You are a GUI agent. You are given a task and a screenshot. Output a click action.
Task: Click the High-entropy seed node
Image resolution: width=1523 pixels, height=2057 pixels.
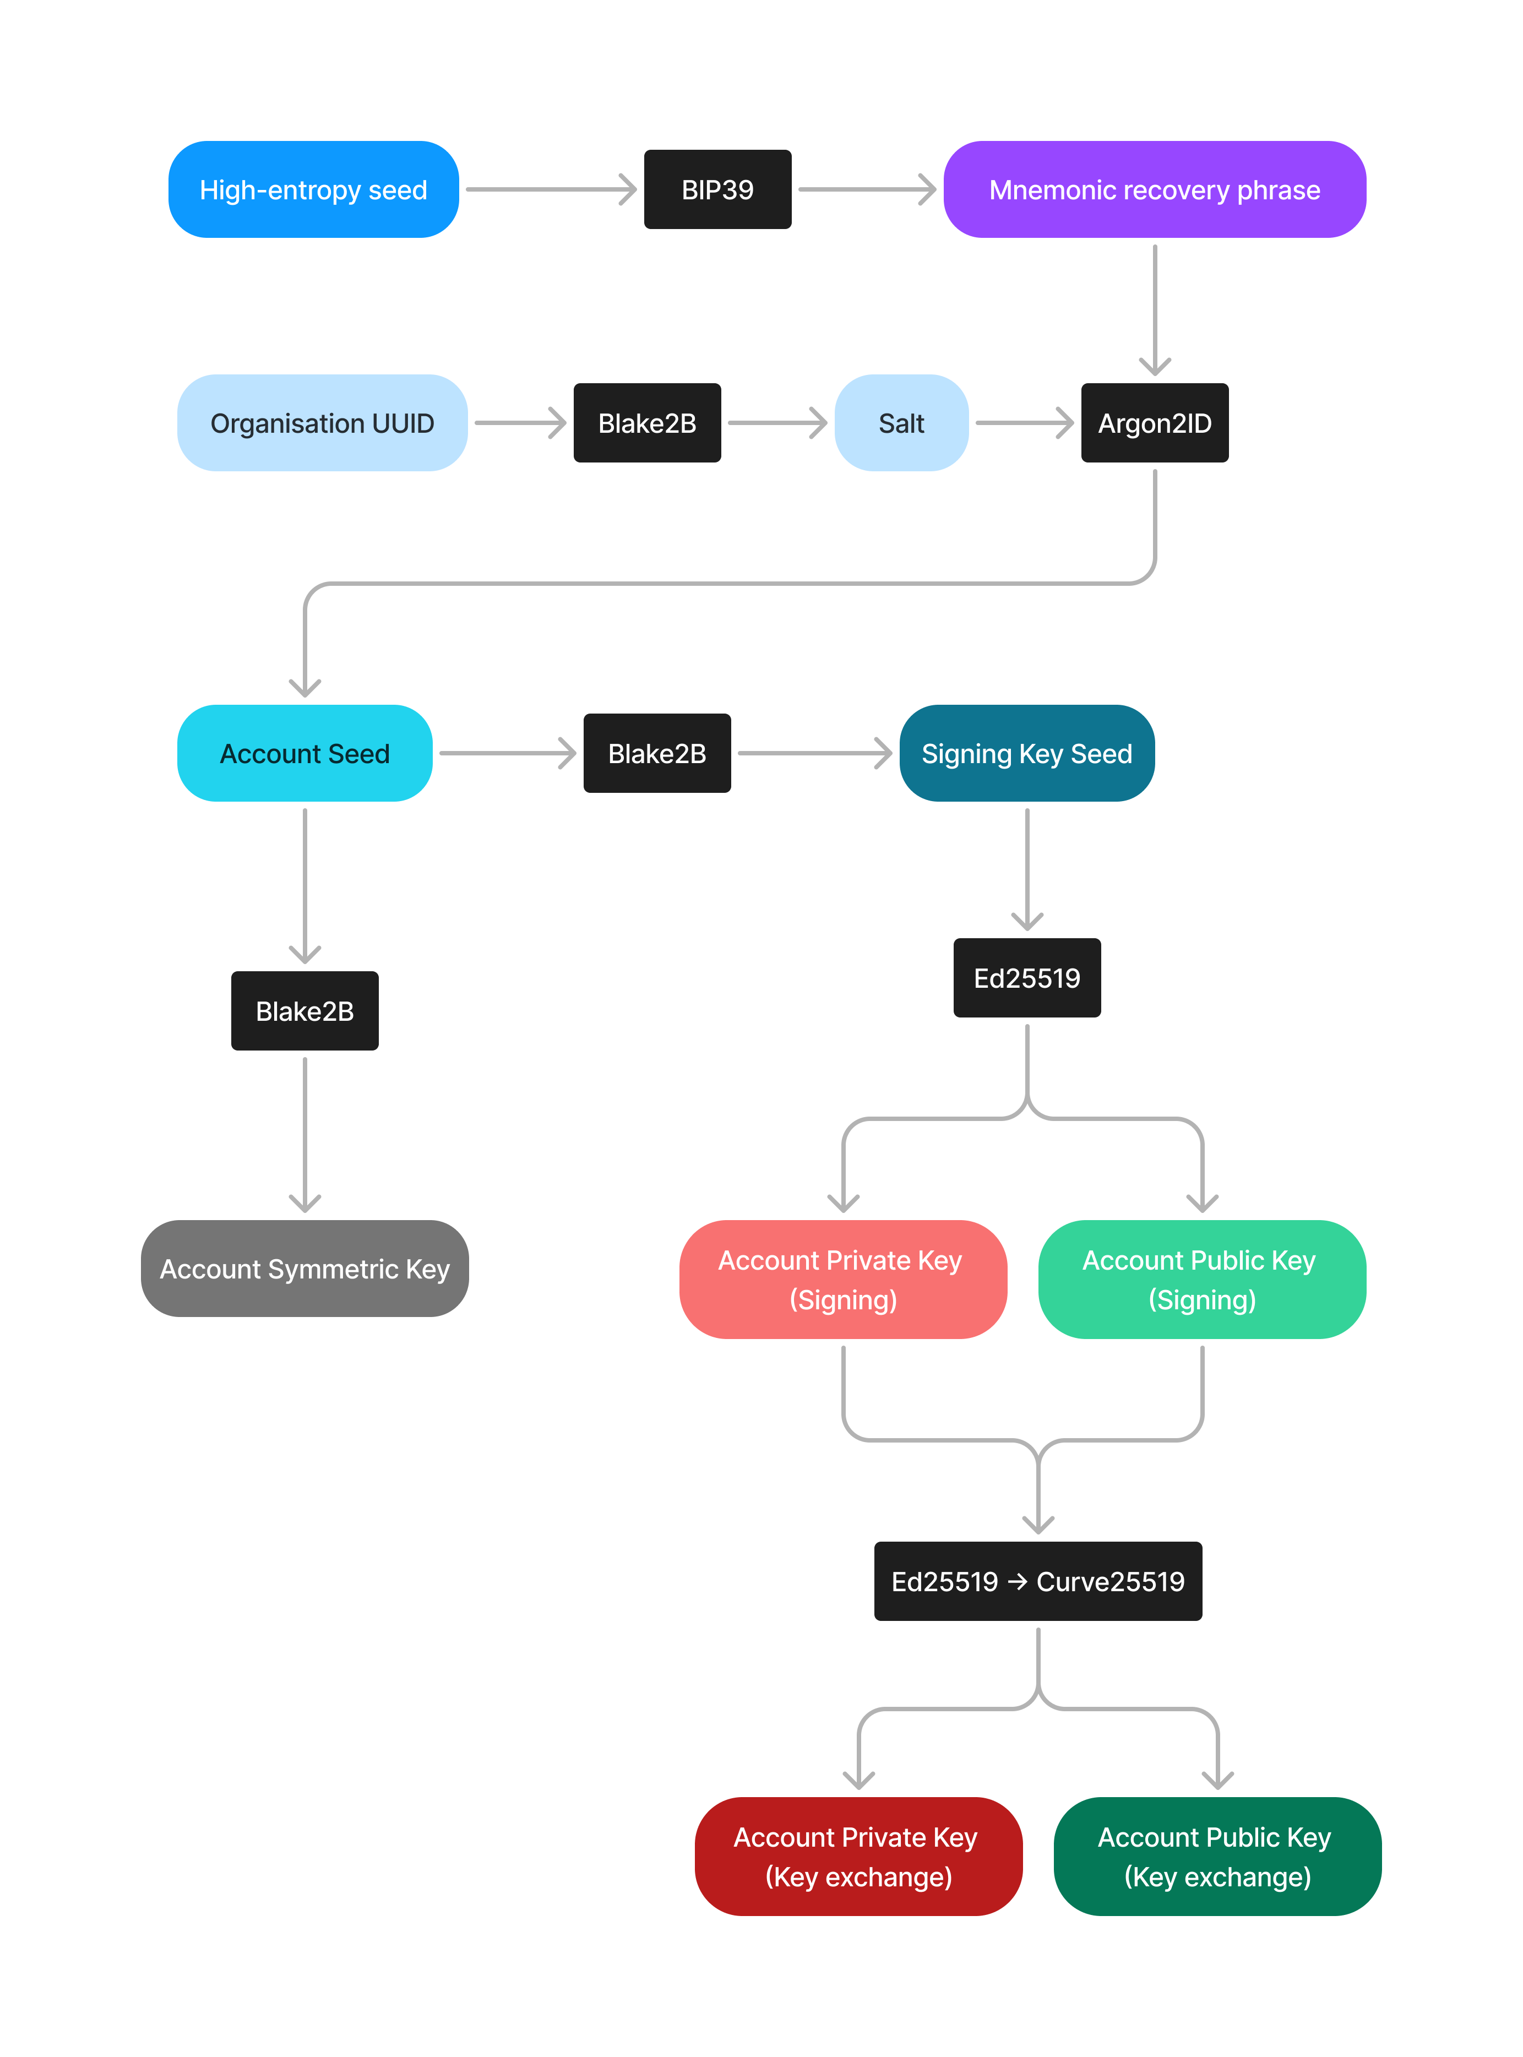[x=313, y=190]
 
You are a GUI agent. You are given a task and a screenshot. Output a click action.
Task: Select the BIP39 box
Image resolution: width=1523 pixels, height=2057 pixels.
[x=717, y=190]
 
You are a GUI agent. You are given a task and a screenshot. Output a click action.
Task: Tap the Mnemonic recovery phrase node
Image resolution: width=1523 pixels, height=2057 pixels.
[x=1154, y=190]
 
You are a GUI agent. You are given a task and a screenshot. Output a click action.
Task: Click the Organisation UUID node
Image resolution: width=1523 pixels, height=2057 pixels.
[x=322, y=423]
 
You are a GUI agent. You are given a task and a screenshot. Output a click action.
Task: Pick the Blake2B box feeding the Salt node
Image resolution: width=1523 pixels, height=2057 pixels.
[x=646, y=423]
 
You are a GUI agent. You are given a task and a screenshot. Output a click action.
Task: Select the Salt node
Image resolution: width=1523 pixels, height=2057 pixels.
[x=901, y=423]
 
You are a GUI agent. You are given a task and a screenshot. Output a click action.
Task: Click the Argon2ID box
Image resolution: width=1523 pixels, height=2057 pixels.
[x=1154, y=423]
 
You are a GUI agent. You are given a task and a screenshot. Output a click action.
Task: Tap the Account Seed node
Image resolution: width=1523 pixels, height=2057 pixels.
[x=304, y=753]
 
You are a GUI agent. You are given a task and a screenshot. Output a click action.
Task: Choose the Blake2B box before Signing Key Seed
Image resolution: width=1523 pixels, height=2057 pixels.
[x=656, y=753]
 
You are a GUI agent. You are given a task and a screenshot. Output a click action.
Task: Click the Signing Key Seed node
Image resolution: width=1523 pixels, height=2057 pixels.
[x=1026, y=753]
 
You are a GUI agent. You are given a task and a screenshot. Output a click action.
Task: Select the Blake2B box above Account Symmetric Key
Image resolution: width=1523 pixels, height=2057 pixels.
[x=304, y=1011]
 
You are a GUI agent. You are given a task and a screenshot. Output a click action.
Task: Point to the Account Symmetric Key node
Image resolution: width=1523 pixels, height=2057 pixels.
[x=304, y=1269]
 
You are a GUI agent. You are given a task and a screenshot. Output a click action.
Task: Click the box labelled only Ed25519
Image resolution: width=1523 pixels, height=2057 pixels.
[x=1026, y=978]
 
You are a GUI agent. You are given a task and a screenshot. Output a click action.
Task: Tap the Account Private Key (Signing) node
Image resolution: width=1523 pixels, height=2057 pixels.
[x=842, y=1279]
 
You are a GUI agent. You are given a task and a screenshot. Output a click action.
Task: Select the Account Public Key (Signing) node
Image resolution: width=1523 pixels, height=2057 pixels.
[x=1201, y=1279]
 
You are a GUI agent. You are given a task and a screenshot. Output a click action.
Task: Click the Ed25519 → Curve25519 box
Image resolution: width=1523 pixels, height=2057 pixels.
[x=1037, y=1581]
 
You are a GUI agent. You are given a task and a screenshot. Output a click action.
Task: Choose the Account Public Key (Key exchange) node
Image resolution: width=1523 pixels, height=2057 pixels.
[x=1217, y=1856]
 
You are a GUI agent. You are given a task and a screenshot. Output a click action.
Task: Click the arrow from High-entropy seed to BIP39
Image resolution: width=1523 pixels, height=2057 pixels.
[x=551, y=190]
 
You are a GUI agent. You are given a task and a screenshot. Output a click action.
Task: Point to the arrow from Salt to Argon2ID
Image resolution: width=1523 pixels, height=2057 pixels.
[x=1024, y=423]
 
